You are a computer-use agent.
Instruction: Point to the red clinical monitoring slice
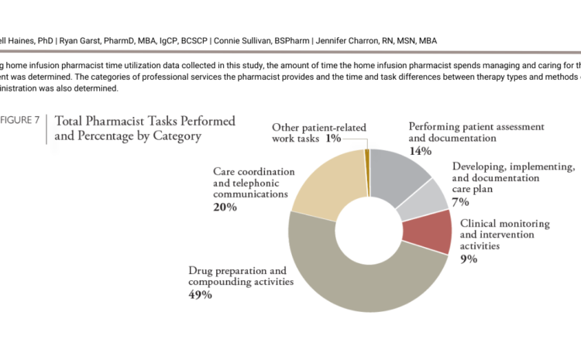[438, 231]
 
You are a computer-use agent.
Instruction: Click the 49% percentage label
[201, 295]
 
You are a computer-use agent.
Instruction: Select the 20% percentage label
[226, 207]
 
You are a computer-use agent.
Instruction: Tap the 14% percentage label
[421, 151]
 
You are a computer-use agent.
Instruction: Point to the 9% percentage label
[468, 259]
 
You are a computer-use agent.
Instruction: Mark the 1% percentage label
[333, 139]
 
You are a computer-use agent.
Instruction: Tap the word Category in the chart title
[175, 137]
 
